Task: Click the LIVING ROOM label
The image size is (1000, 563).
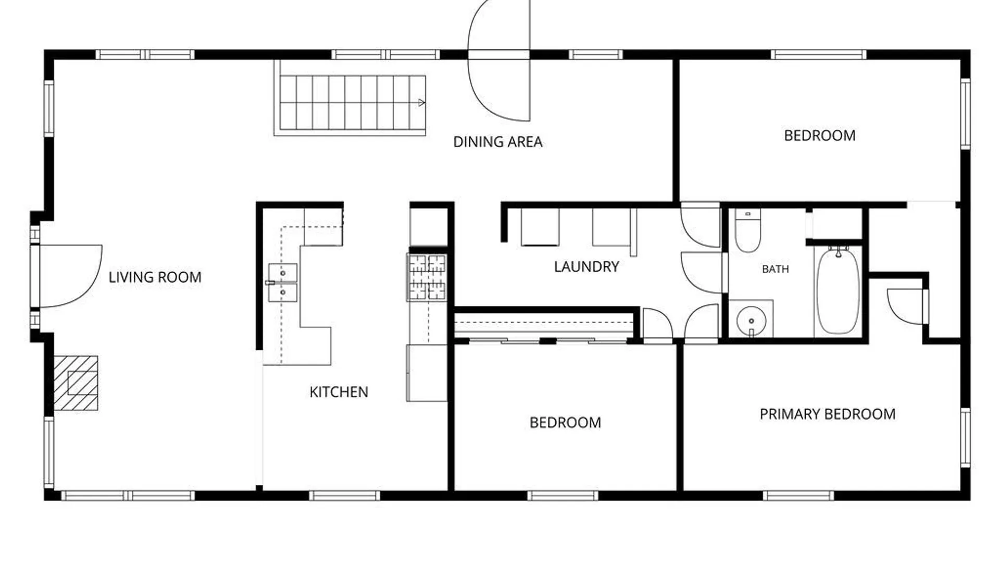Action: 155,277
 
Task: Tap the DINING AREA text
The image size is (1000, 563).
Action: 498,142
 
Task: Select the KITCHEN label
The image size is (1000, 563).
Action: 339,392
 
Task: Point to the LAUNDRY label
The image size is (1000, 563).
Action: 586,267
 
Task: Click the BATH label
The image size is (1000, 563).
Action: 775,269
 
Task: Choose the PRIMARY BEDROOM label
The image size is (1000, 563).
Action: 828,414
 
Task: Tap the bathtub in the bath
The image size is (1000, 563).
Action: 838,291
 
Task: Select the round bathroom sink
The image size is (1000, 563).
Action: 751,320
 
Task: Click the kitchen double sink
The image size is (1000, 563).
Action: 282,283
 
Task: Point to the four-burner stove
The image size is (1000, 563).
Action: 427,277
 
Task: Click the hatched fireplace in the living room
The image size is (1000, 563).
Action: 76,383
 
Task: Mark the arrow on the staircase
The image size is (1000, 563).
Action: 421,103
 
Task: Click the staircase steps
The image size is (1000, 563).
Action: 352,103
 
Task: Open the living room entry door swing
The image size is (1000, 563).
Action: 70,276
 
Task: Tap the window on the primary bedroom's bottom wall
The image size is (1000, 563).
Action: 798,495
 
